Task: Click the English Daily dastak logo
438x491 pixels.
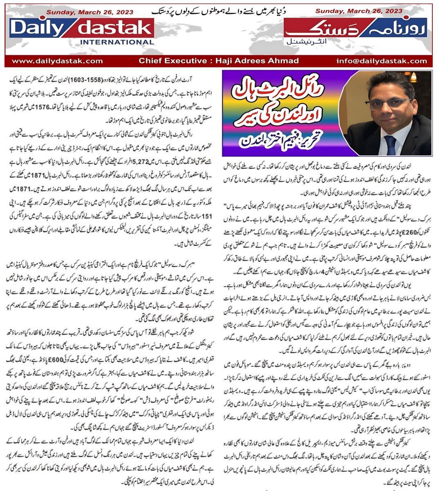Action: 82,28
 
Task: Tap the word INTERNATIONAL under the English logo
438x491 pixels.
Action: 117,42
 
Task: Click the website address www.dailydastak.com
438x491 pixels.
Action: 57,61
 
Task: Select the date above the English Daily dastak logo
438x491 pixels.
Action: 90,12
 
